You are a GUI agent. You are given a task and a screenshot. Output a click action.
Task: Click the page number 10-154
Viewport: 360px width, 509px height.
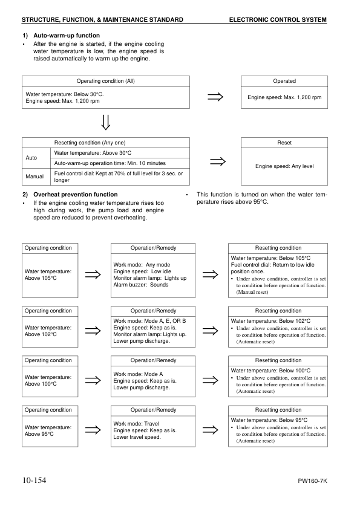[34, 481]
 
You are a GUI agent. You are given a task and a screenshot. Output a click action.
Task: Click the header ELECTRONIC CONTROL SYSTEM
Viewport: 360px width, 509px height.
[278, 20]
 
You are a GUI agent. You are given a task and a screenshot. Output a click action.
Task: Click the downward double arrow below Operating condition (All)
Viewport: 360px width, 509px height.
[106, 122]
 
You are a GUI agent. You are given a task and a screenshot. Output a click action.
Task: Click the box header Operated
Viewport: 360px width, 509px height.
[284, 81]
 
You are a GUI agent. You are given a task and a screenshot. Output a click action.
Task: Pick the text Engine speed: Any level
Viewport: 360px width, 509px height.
[284, 166]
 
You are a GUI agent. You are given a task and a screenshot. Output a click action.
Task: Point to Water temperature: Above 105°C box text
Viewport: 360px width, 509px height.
[48, 275]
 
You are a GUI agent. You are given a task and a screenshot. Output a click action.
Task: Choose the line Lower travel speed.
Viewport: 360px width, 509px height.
[137, 437]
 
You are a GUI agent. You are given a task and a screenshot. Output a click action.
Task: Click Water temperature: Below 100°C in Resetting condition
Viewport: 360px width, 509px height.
[270, 370]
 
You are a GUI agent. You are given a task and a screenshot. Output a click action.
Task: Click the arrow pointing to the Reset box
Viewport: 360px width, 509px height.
[216, 161]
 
